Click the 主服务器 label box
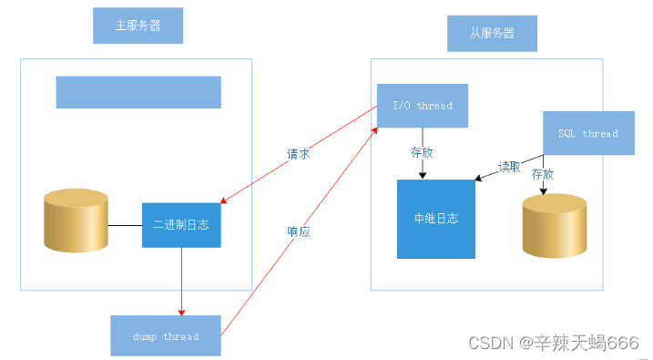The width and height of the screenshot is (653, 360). [x=138, y=26]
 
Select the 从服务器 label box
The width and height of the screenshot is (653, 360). [x=492, y=33]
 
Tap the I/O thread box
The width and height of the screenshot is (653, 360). [x=422, y=106]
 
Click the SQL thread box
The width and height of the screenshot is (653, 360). [x=587, y=133]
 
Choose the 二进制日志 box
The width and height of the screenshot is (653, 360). [x=182, y=224]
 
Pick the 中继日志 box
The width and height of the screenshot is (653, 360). [x=435, y=219]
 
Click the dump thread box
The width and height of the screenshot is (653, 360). [x=165, y=335]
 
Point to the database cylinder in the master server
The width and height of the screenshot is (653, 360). [x=77, y=221]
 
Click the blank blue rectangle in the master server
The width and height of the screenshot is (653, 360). [x=138, y=92]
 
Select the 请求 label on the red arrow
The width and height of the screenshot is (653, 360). [x=298, y=154]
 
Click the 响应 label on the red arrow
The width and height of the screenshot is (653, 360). [x=298, y=232]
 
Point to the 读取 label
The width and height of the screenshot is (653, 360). [x=510, y=168]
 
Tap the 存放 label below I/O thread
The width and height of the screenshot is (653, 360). [x=422, y=152]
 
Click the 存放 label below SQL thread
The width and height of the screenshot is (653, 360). [x=543, y=173]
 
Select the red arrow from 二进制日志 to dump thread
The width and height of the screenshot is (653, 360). [x=182, y=281]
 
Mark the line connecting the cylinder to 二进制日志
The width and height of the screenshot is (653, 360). [x=125, y=224]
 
